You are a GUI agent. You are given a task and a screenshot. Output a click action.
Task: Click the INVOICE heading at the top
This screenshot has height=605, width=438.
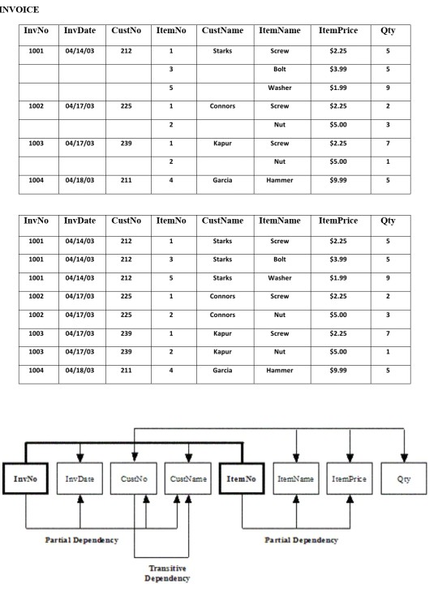tap(21, 9)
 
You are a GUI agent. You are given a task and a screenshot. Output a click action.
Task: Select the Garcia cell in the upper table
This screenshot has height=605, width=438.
tap(221, 181)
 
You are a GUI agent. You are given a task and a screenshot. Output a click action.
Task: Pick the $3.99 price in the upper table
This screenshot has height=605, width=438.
tap(337, 69)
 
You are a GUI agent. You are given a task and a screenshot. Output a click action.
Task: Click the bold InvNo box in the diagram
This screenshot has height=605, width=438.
tap(28, 478)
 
